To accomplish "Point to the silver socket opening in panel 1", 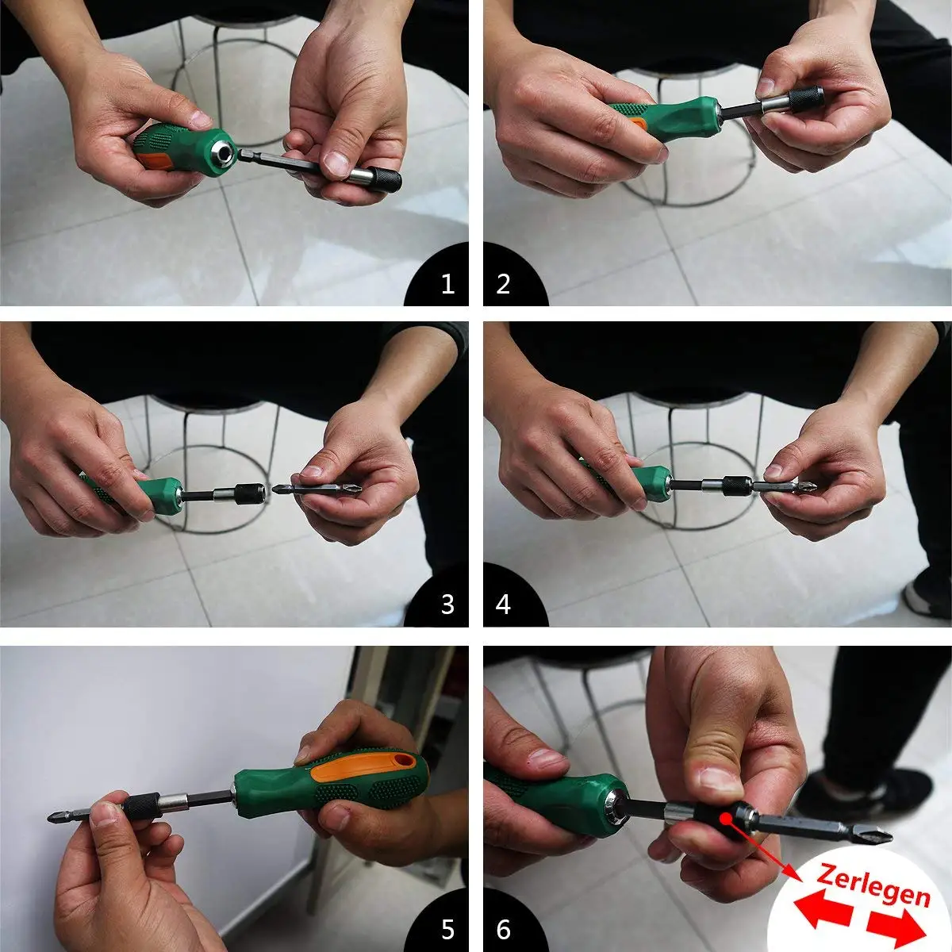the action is point(225,152).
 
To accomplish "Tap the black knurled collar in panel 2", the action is point(806,99).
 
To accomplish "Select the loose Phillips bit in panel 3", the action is point(317,489).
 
